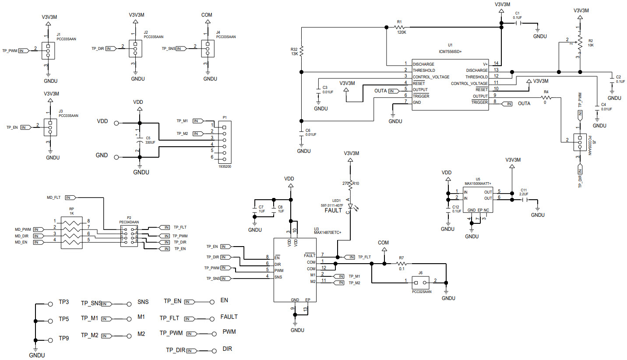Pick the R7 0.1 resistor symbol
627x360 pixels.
point(401,264)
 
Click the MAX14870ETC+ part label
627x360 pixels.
point(327,232)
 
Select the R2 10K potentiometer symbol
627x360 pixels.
point(580,42)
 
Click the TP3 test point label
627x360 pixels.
point(64,302)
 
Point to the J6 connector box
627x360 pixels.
point(420,281)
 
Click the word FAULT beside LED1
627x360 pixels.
point(334,210)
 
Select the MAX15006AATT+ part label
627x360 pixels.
point(478,184)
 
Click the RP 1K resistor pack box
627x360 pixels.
point(72,233)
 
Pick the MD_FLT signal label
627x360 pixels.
point(54,198)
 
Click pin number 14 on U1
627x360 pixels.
point(496,64)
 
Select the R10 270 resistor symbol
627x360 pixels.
point(350,185)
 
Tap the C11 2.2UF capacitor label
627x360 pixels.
point(524,192)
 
